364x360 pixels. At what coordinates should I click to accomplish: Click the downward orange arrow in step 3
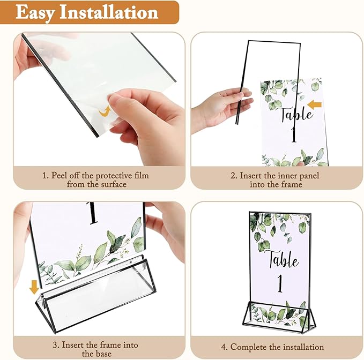(x=34, y=287)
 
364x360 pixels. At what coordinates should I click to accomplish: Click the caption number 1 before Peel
(x=46, y=175)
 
